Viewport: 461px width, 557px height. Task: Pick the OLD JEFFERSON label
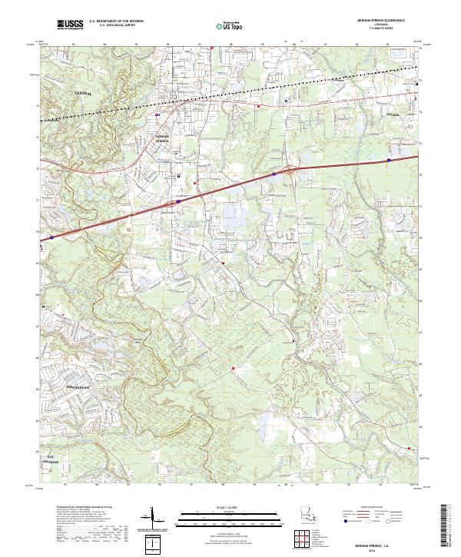[x=53, y=459]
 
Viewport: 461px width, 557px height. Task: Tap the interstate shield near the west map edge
[x=51, y=238]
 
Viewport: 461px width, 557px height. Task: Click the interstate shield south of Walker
[x=390, y=160]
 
